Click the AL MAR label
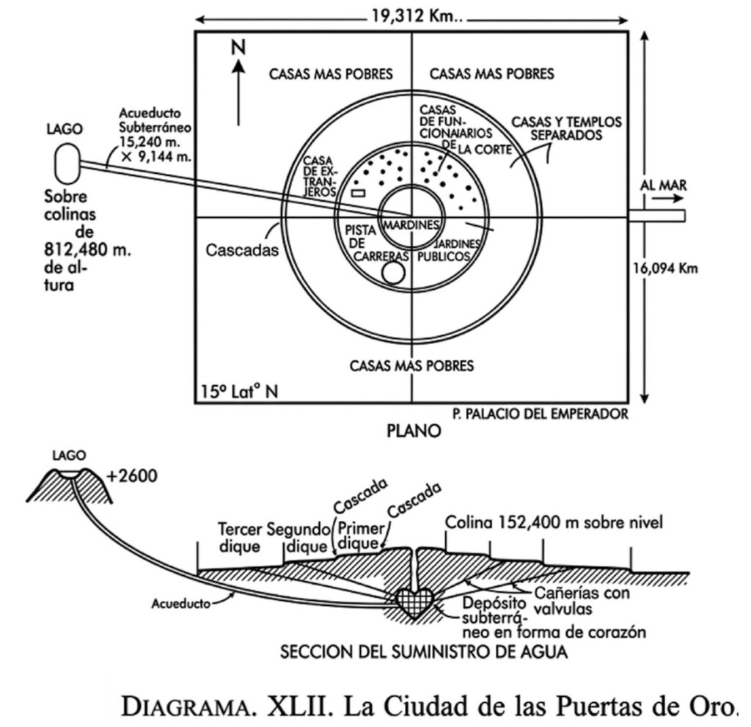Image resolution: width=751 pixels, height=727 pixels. pos(662,186)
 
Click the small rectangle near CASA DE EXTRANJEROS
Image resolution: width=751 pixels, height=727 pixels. pos(358,193)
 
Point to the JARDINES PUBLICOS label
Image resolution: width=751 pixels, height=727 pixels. pos(442,250)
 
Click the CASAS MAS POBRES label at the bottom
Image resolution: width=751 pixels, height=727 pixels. pos(411,365)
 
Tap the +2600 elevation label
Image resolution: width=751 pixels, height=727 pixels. pos(131,475)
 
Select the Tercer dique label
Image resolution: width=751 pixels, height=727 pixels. pos(240,537)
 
